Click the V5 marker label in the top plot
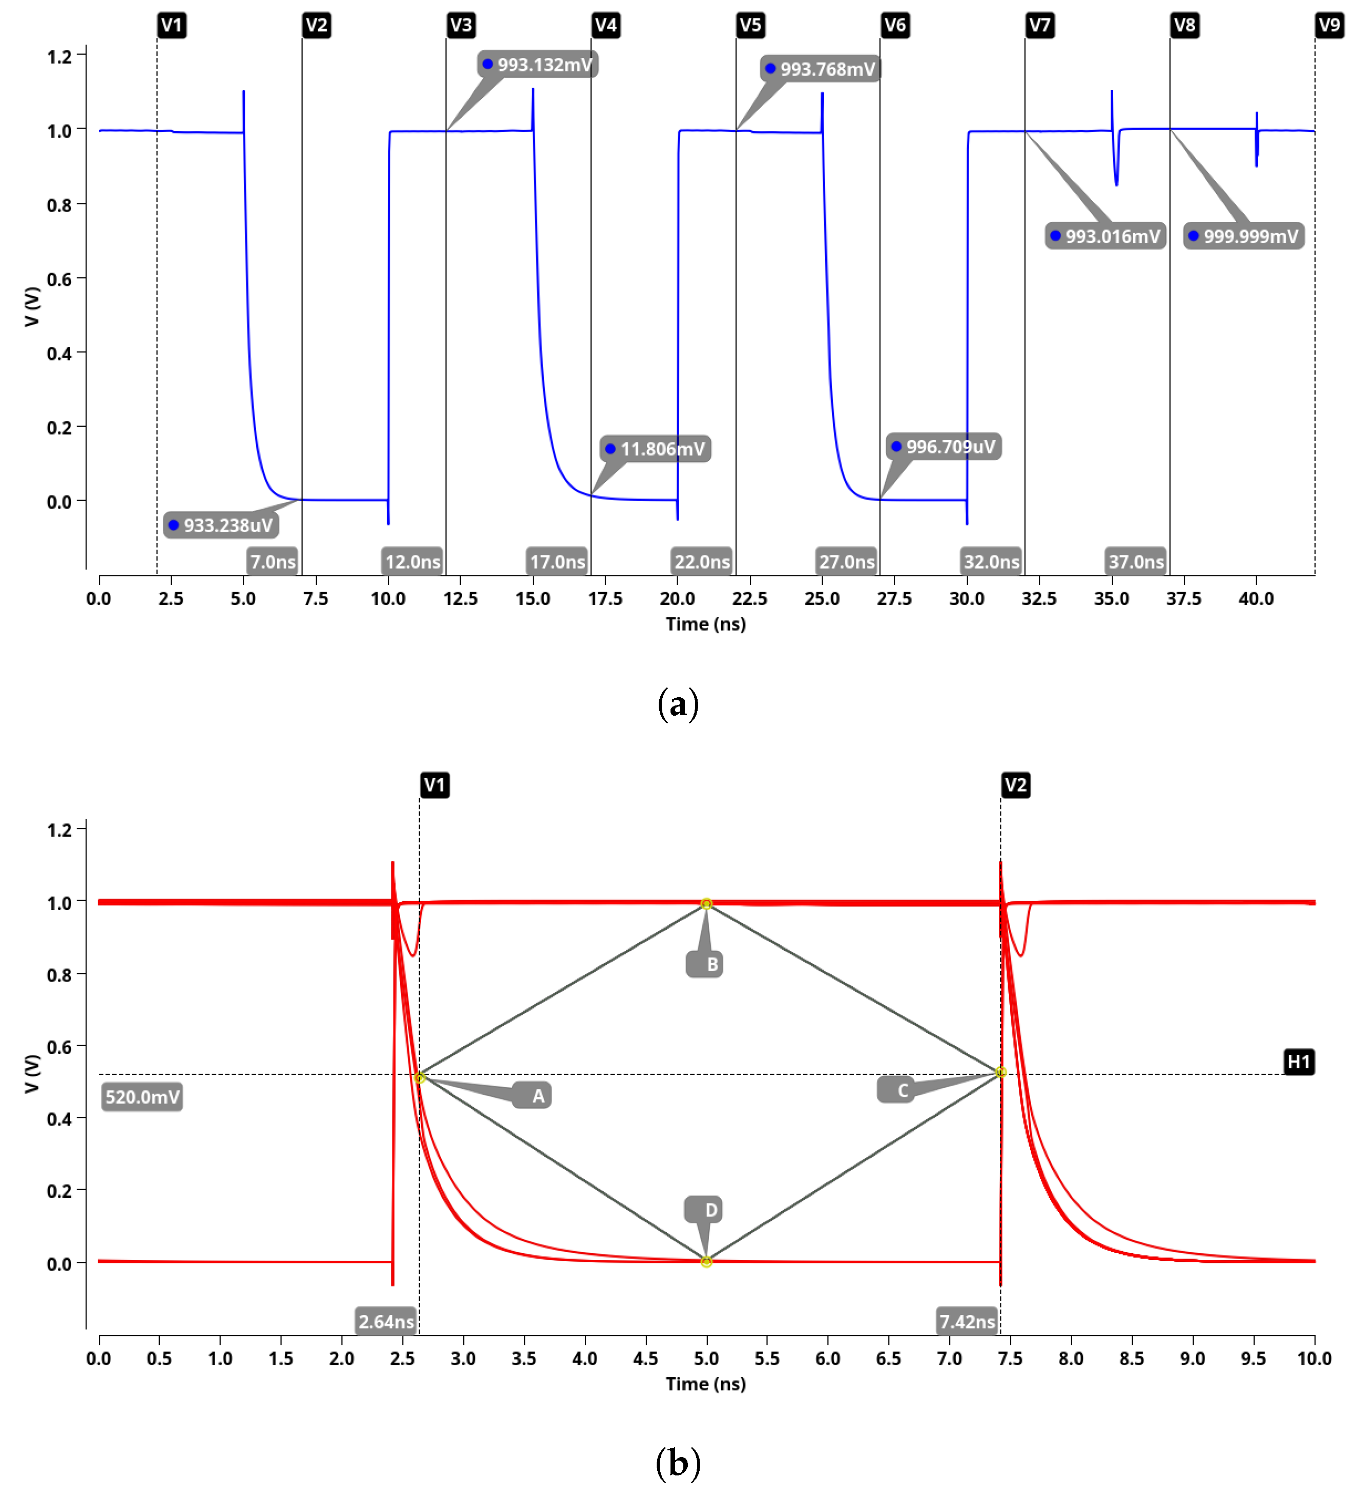(x=750, y=25)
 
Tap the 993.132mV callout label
(x=538, y=65)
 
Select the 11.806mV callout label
(x=656, y=449)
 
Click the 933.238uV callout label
(x=222, y=526)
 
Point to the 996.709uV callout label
(x=944, y=447)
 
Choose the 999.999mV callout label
(x=1244, y=237)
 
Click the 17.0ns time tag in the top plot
(x=558, y=562)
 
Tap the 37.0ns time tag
(x=1136, y=562)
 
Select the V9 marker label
(x=1329, y=25)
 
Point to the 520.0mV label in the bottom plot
(x=142, y=1097)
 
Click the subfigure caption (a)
(x=678, y=703)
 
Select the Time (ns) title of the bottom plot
(x=705, y=1384)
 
